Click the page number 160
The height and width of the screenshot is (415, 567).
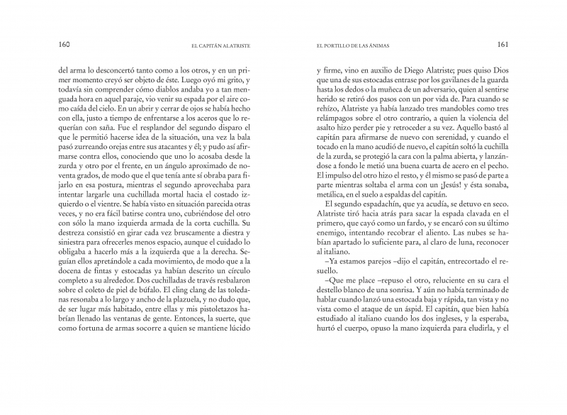click(x=63, y=45)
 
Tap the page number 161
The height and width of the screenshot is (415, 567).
click(x=504, y=45)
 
